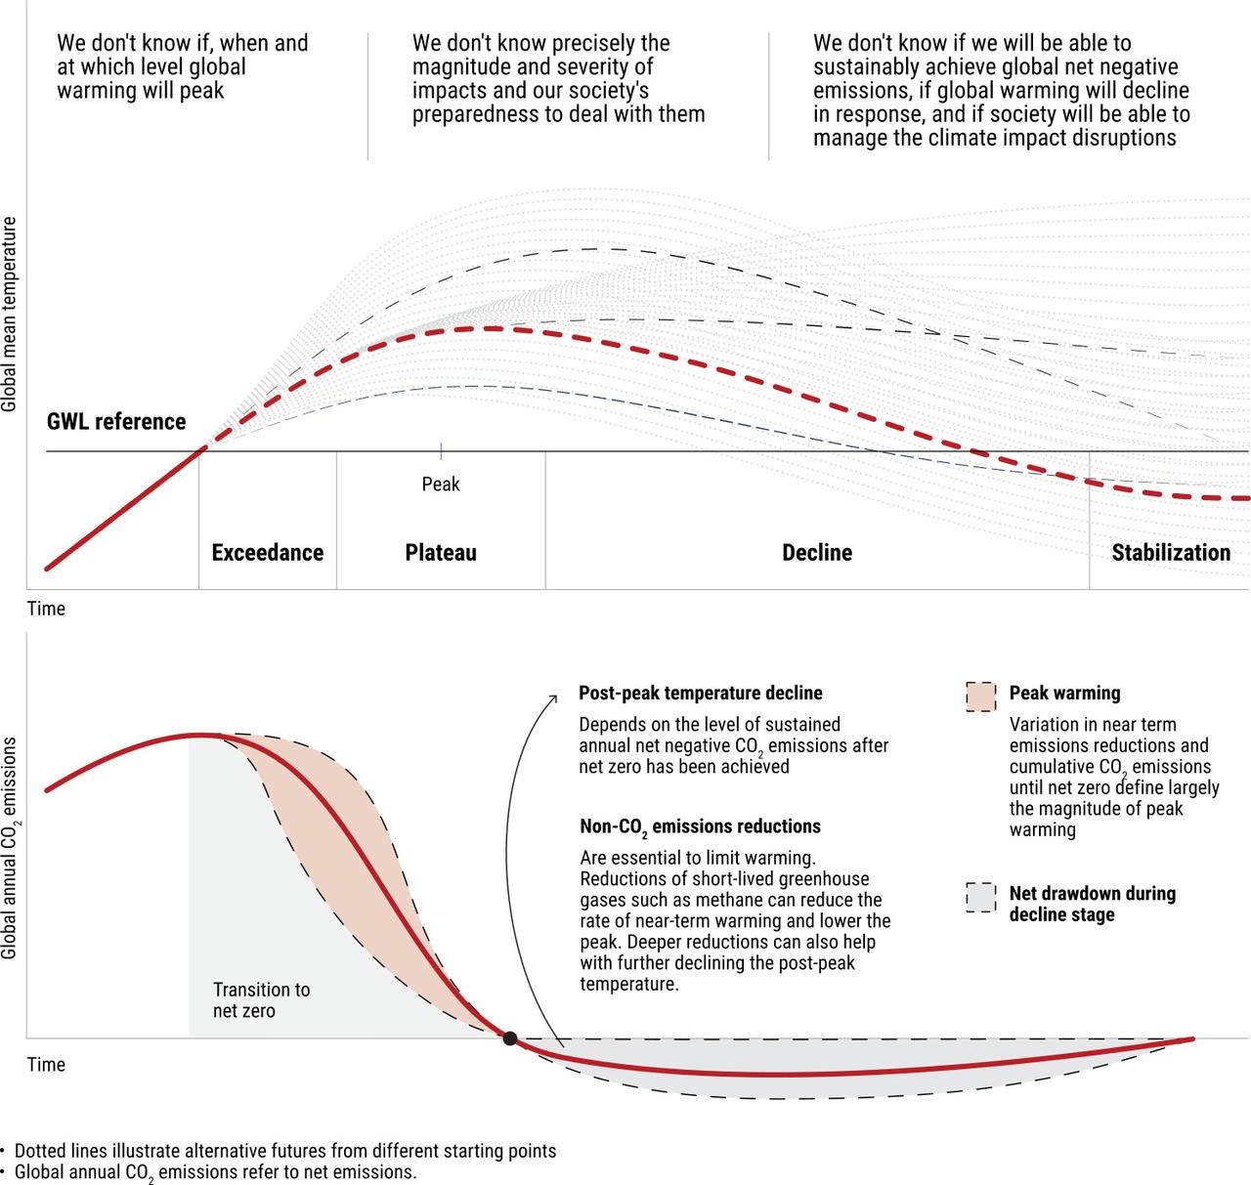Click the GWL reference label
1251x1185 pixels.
116,421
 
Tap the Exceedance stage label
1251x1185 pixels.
267,552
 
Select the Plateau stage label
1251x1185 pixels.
441,552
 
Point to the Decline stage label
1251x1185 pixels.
817,552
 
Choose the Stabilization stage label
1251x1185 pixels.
1171,552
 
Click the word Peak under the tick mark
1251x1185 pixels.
441,484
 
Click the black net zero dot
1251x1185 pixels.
510,1038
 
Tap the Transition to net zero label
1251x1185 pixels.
262,1000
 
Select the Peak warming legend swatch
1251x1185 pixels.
980,698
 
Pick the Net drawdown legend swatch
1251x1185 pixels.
980,898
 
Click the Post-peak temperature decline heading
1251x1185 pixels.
701,693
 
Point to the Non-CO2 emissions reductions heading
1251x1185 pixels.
700,826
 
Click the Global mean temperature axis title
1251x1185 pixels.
9,315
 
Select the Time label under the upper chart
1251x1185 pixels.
47,609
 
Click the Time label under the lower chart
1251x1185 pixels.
47,1065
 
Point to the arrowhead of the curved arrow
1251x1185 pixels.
553,698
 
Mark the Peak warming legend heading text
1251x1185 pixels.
1064,694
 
